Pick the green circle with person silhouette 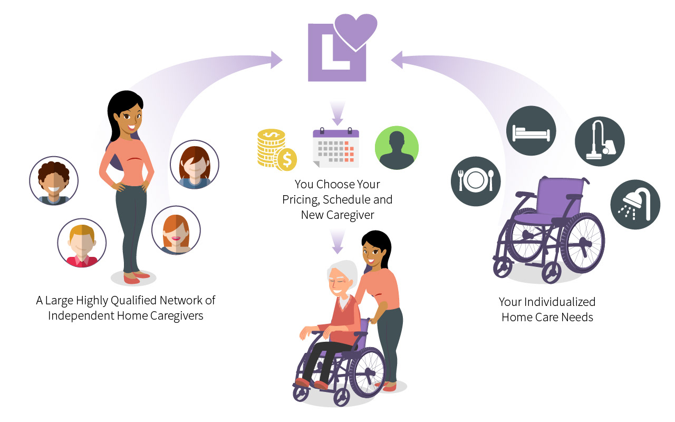(x=397, y=148)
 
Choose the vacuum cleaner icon (x=600, y=141)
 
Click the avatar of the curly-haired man (x=54, y=180)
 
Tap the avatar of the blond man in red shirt (x=82, y=243)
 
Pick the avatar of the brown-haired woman (x=194, y=165)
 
